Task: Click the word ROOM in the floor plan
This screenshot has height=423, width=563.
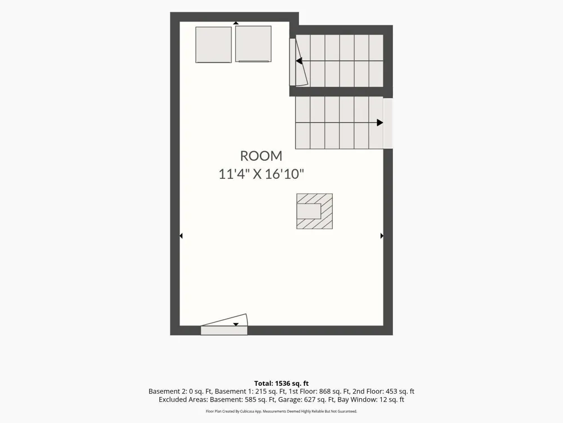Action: (x=261, y=156)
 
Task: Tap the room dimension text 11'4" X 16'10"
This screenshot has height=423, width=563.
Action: (x=261, y=174)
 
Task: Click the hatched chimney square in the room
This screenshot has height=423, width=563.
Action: (x=315, y=211)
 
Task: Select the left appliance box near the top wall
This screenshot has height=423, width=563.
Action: (x=213, y=45)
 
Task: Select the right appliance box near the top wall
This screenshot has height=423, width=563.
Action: (x=253, y=44)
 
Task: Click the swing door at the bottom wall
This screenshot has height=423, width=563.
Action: (x=224, y=325)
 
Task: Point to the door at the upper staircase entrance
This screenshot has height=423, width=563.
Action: (x=298, y=62)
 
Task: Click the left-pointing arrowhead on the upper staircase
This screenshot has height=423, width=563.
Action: (x=299, y=61)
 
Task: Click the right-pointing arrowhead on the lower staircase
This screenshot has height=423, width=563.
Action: (x=380, y=122)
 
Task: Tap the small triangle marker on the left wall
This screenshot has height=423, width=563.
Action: (x=181, y=236)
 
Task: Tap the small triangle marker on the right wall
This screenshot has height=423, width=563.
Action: (x=382, y=236)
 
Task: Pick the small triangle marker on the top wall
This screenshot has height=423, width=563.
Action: (x=236, y=23)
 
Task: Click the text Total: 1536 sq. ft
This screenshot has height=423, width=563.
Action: (x=281, y=384)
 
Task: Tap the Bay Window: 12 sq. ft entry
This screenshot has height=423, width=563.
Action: (x=371, y=400)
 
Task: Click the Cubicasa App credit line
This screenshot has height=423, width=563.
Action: (x=281, y=411)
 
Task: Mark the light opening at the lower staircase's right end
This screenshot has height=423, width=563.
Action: (x=388, y=122)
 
